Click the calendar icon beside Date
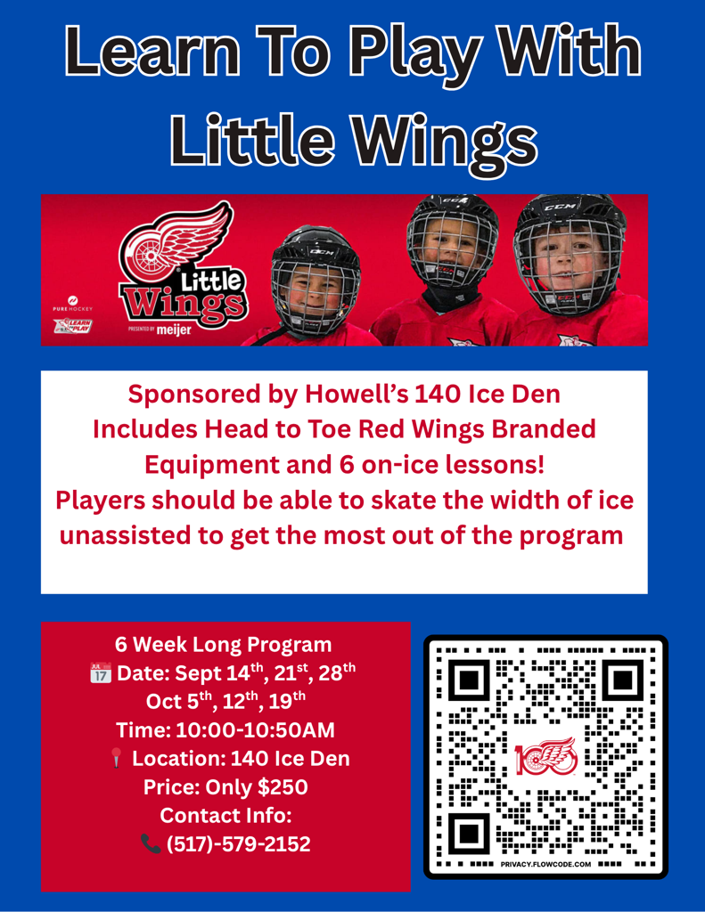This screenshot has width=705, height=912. [x=101, y=672]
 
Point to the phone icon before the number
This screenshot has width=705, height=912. [x=151, y=843]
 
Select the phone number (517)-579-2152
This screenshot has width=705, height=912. [x=239, y=844]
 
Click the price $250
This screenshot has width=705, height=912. [x=283, y=787]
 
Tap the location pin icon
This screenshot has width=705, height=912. [x=117, y=758]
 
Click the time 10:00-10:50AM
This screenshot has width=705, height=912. [x=255, y=730]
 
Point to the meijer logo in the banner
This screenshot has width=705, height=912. [x=174, y=330]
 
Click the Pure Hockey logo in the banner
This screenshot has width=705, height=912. [x=73, y=304]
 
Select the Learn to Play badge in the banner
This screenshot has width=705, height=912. [x=73, y=326]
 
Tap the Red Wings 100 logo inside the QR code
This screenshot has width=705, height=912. [x=545, y=756]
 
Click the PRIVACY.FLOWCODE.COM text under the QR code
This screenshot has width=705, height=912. [x=545, y=864]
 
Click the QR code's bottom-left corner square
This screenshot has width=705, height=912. [x=469, y=834]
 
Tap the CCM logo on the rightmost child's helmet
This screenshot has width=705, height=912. [x=560, y=207]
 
